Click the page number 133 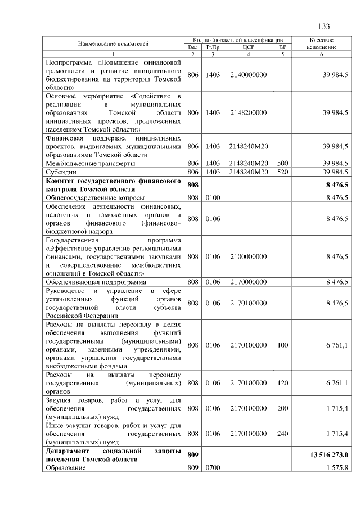click(323, 27)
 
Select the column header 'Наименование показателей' click(112, 43)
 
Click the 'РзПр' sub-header click(212, 47)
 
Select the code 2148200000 click(248, 113)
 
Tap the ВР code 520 click(283, 171)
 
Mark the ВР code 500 click(283, 163)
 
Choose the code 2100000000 click(248, 256)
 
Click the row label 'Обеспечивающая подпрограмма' click(96, 281)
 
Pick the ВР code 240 click(283, 434)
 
